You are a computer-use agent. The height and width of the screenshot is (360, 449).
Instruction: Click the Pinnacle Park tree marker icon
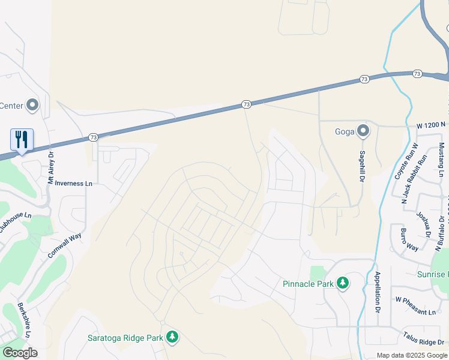tap(343, 283)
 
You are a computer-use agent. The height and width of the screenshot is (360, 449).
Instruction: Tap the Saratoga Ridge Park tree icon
tap(172, 337)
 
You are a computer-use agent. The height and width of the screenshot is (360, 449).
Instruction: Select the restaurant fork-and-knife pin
tap(22, 140)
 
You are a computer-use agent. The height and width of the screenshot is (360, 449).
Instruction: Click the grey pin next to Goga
tap(363, 130)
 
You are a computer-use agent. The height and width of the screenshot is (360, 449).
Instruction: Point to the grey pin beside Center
tap(32, 106)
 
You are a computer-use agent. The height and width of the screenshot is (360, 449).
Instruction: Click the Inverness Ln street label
tap(74, 184)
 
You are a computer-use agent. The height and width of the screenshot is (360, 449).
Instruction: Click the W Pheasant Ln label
tap(415, 312)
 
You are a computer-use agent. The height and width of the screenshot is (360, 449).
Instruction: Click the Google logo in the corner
tap(20, 353)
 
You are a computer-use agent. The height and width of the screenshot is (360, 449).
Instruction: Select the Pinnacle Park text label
tap(307, 283)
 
